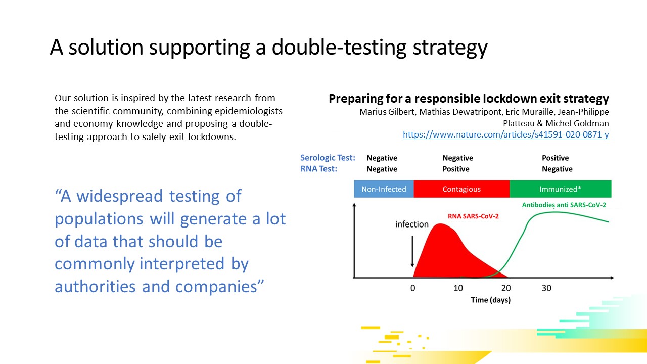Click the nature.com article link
pos(506,134)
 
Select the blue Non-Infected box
pos(384,189)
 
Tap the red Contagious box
pos(461,189)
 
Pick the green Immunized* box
pos(561,189)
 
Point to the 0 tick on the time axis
pos(413,288)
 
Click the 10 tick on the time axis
pos(458,288)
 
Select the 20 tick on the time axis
pos(506,288)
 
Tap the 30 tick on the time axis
pos(546,288)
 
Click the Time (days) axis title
pos(491,300)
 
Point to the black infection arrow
pos(412,251)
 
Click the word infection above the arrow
pos(412,224)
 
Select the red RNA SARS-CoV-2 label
pos(473,216)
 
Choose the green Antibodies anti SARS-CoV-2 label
pos(564,205)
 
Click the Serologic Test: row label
pos(328,158)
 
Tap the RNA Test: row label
pos(319,169)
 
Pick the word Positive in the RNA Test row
pos(456,169)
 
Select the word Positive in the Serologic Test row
pos(555,158)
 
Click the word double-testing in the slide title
pos(339,48)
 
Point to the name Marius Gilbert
pos(387,112)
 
